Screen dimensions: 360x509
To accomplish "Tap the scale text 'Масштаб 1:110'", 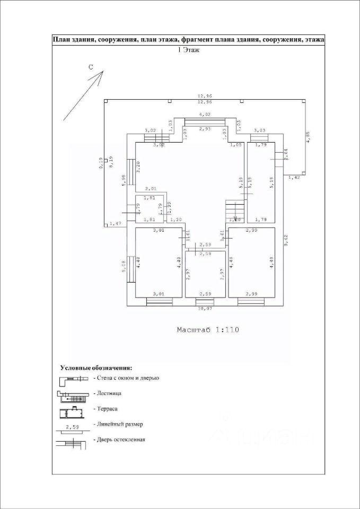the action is click(x=208, y=330).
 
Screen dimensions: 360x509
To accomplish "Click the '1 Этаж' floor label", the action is click(x=188, y=50).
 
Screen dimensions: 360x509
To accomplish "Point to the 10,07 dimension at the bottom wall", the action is click(x=205, y=309).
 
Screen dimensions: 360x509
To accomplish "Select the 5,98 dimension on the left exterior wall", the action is click(x=124, y=180).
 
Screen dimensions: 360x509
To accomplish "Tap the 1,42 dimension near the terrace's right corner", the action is click(x=294, y=178).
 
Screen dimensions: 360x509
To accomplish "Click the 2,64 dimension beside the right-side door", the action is click(x=285, y=154).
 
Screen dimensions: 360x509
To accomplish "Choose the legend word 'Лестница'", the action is click(x=109, y=393).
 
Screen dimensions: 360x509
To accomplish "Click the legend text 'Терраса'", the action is click(x=107, y=409).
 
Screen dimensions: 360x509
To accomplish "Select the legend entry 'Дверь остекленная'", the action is click(x=120, y=440).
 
